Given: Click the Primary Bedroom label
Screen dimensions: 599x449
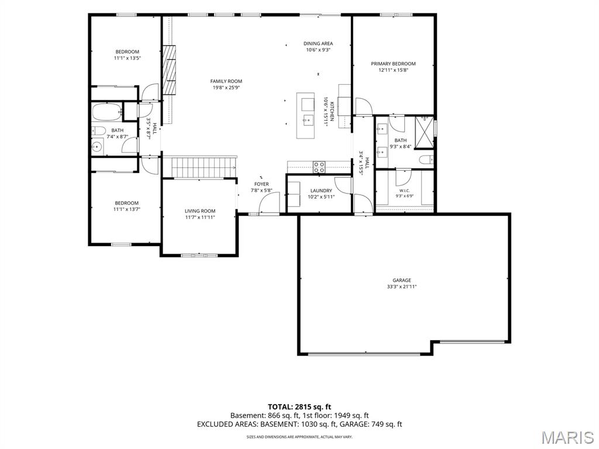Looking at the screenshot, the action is (393, 64).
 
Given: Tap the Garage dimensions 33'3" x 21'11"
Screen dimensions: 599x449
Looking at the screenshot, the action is (401, 286).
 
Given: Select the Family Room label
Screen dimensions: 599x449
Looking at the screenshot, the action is (226, 81).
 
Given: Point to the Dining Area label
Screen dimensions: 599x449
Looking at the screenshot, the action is (318, 43).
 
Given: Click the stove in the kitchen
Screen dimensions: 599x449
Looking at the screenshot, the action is (319, 167).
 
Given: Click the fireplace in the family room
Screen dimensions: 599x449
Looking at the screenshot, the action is (169, 70).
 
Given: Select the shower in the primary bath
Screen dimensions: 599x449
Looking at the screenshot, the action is (424, 132).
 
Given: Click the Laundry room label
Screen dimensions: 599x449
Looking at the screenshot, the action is (321, 191).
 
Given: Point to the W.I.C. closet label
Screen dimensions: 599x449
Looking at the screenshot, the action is (405, 191).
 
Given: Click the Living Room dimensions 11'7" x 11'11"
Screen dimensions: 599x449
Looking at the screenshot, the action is (200, 217).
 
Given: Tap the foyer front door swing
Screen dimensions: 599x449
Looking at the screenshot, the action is (269, 203).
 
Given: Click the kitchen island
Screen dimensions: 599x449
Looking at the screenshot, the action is (306, 116).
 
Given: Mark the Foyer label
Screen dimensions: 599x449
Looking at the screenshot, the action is (261, 184).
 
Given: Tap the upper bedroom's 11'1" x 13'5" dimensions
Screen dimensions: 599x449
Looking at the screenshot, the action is (127, 58).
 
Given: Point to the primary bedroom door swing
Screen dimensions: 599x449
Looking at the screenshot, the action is (363, 106).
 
